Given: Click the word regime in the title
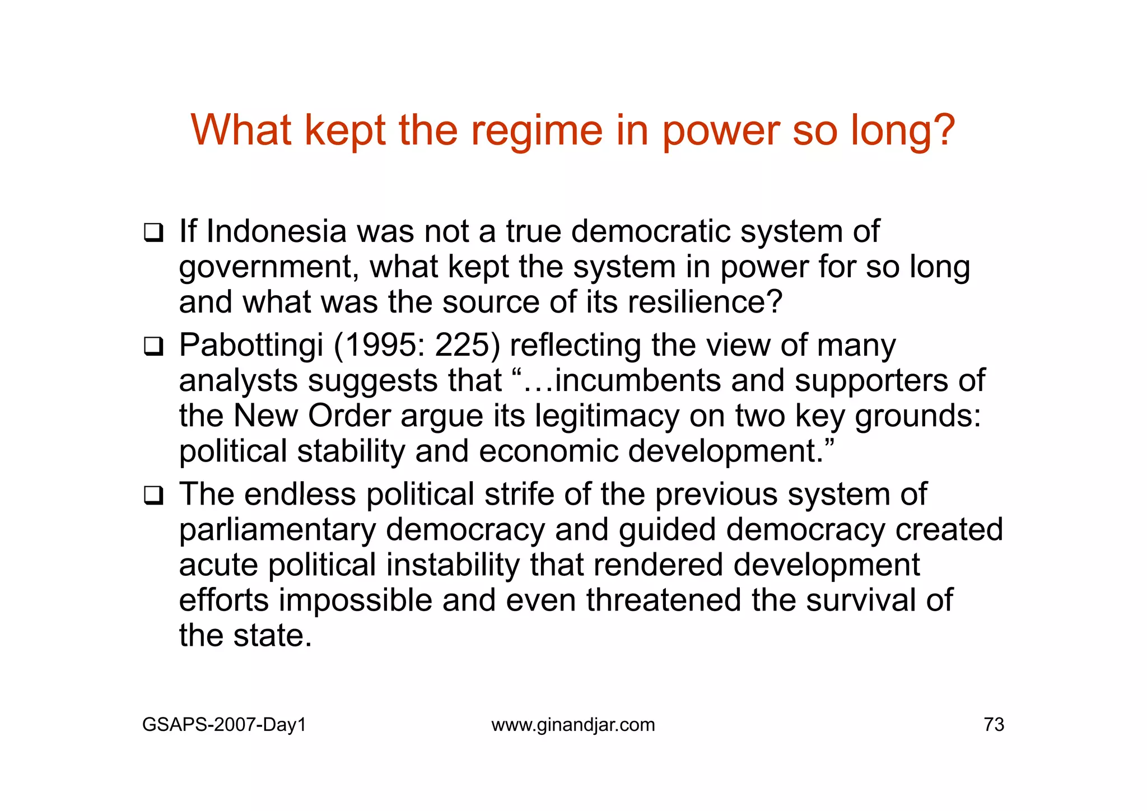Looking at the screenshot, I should [x=537, y=130].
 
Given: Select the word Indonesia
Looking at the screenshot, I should [x=277, y=231].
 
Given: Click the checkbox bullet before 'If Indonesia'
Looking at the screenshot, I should [x=153, y=232].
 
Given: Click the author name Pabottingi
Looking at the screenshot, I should [x=251, y=346].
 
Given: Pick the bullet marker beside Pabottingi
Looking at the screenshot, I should [x=153, y=347].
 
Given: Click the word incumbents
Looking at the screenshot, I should [x=637, y=381].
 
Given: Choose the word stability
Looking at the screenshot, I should [x=351, y=451].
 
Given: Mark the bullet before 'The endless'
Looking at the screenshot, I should [x=153, y=496].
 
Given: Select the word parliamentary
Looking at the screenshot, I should [x=277, y=530].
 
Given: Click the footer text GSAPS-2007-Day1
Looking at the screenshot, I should [x=224, y=725].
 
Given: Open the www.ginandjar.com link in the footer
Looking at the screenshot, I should [x=573, y=725].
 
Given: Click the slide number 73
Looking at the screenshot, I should [x=994, y=725].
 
